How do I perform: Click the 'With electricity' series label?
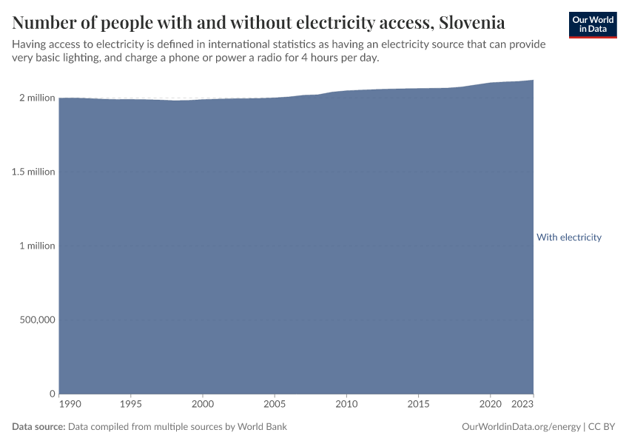coord(568,238)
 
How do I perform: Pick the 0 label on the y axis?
coord(53,394)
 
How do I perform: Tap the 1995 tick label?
coord(131,405)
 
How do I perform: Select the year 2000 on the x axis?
coord(203,405)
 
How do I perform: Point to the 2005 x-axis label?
coord(275,405)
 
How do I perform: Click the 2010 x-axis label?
coord(346,405)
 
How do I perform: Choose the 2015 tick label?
coord(418,405)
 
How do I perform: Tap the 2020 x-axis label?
coord(489,405)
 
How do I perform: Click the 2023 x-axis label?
coord(522,405)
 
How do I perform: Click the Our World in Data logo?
coord(593,25)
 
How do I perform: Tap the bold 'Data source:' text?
coord(38,427)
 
